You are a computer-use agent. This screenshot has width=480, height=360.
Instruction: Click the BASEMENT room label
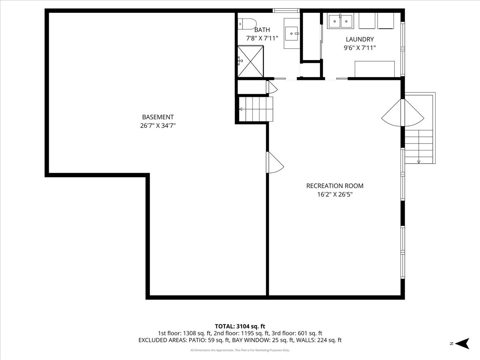pos(158,117)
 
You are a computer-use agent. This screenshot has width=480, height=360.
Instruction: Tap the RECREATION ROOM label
pos(335,186)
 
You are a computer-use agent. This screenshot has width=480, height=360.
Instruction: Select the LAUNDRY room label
pos(360,39)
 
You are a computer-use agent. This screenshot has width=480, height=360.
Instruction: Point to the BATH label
pos(262,30)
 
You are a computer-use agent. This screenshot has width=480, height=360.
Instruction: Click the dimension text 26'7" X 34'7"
pos(158,126)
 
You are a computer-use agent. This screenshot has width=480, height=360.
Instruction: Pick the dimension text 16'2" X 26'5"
pos(335,195)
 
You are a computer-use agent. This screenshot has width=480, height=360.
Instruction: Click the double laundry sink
pos(340,21)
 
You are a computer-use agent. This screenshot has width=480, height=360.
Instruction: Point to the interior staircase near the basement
pos(256,109)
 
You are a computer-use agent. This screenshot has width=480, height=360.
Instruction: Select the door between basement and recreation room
pos(274,162)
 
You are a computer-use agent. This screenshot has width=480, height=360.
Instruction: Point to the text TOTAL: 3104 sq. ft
pos(240,326)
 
